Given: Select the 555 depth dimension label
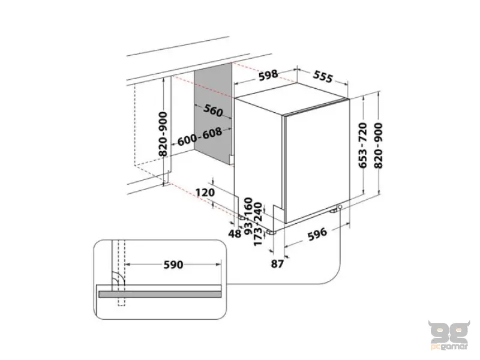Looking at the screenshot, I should click(322, 77).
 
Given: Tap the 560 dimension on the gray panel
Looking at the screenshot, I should click(213, 112).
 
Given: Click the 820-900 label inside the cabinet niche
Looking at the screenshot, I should click(163, 135).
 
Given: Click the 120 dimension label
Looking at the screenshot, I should click(205, 193).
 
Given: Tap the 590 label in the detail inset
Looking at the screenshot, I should click(173, 264).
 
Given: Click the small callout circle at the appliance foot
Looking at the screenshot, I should click(340, 207).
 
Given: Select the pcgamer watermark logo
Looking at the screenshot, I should click(445, 334).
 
